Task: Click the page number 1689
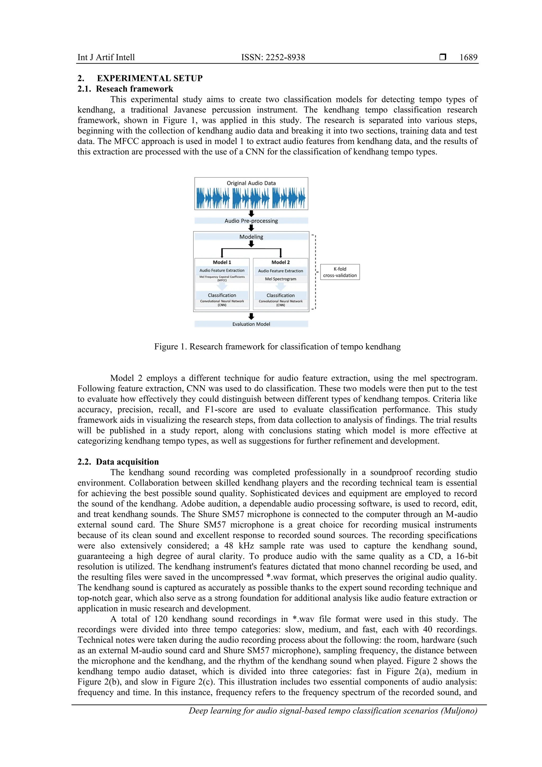coord(468,57)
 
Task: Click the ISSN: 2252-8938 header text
coord(273,57)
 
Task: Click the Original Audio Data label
coord(251,183)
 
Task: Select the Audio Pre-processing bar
coord(251,221)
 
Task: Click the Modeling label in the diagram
coord(251,237)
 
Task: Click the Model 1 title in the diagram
coord(222,262)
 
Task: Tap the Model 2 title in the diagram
coord(281,262)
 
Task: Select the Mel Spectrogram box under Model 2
coord(281,279)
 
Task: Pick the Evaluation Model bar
coord(251,324)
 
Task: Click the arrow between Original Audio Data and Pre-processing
coord(251,213)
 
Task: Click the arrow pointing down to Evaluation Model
coord(251,316)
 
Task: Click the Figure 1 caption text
coord(277,347)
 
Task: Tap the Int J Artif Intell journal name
coord(106,57)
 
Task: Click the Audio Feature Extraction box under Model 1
coord(222,271)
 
